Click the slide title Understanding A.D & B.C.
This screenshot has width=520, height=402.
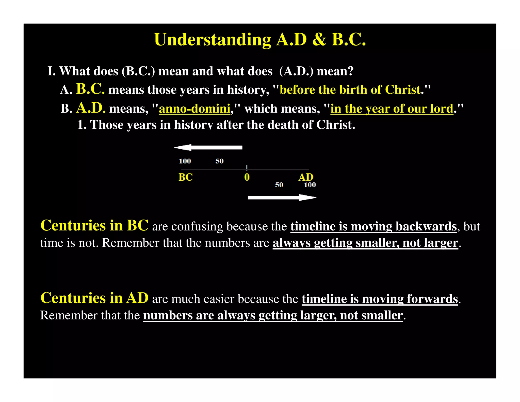pyautogui.click(x=260, y=40)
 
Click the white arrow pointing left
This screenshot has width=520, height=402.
pyautogui.click(x=208, y=147)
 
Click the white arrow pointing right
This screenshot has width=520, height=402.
pyautogui.click(x=282, y=197)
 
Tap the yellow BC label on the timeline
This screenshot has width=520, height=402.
pyautogui.click(x=185, y=177)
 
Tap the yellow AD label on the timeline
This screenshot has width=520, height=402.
pyautogui.click(x=306, y=177)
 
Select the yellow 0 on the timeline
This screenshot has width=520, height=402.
pyautogui.click(x=247, y=177)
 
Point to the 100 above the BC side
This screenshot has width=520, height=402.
pyautogui.click(x=185, y=161)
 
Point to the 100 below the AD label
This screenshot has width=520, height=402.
pyautogui.click(x=310, y=185)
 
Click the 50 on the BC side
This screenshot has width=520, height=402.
pyautogui.click(x=219, y=161)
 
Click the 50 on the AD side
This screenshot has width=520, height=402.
pyautogui.click(x=279, y=185)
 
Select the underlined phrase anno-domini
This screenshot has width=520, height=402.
pyautogui.click(x=194, y=109)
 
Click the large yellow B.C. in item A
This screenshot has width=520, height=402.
pyautogui.click(x=90, y=89)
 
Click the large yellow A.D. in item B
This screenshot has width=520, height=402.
pyautogui.click(x=91, y=108)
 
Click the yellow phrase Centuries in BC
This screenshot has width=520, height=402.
pyautogui.click(x=94, y=225)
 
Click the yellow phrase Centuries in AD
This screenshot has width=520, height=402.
pyautogui.click(x=94, y=298)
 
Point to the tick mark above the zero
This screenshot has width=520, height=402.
pyautogui.click(x=247, y=167)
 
